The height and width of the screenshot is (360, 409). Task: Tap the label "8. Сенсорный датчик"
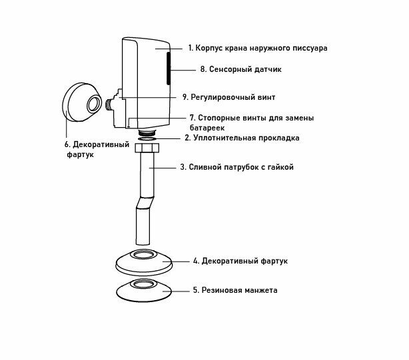pyautogui.click(x=242, y=69)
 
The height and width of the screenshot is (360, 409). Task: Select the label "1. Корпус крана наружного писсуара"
pyautogui.click(x=257, y=48)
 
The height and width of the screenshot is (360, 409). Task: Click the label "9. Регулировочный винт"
pyautogui.click(x=228, y=96)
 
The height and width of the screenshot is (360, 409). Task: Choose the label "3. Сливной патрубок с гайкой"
pyautogui.click(x=236, y=168)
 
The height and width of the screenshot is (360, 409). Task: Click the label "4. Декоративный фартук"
pyautogui.click(x=240, y=262)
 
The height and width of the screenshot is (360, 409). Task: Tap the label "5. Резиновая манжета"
pyautogui.click(x=235, y=290)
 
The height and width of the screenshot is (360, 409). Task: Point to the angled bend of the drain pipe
pyautogui.click(x=146, y=200)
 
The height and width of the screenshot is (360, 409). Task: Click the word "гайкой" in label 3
pyautogui.click(x=279, y=168)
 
